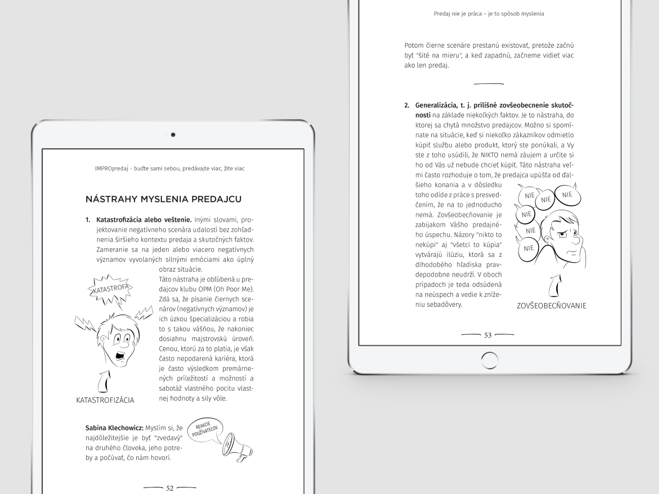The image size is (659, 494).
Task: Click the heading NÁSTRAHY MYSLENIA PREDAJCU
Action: coord(163,199)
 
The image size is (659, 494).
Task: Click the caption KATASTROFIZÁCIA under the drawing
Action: coord(105,400)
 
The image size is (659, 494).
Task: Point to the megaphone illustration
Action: coord(237,444)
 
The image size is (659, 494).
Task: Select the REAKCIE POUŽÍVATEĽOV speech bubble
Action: coord(204,429)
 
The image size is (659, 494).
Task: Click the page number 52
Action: coord(170,488)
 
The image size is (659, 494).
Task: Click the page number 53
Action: coord(488,335)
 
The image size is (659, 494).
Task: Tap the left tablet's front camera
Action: coord(173,134)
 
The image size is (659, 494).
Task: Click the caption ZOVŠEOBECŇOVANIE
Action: coord(551,306)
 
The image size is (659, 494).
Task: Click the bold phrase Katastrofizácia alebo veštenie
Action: coord(143,220)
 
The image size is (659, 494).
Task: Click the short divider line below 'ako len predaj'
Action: coord(488,84)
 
